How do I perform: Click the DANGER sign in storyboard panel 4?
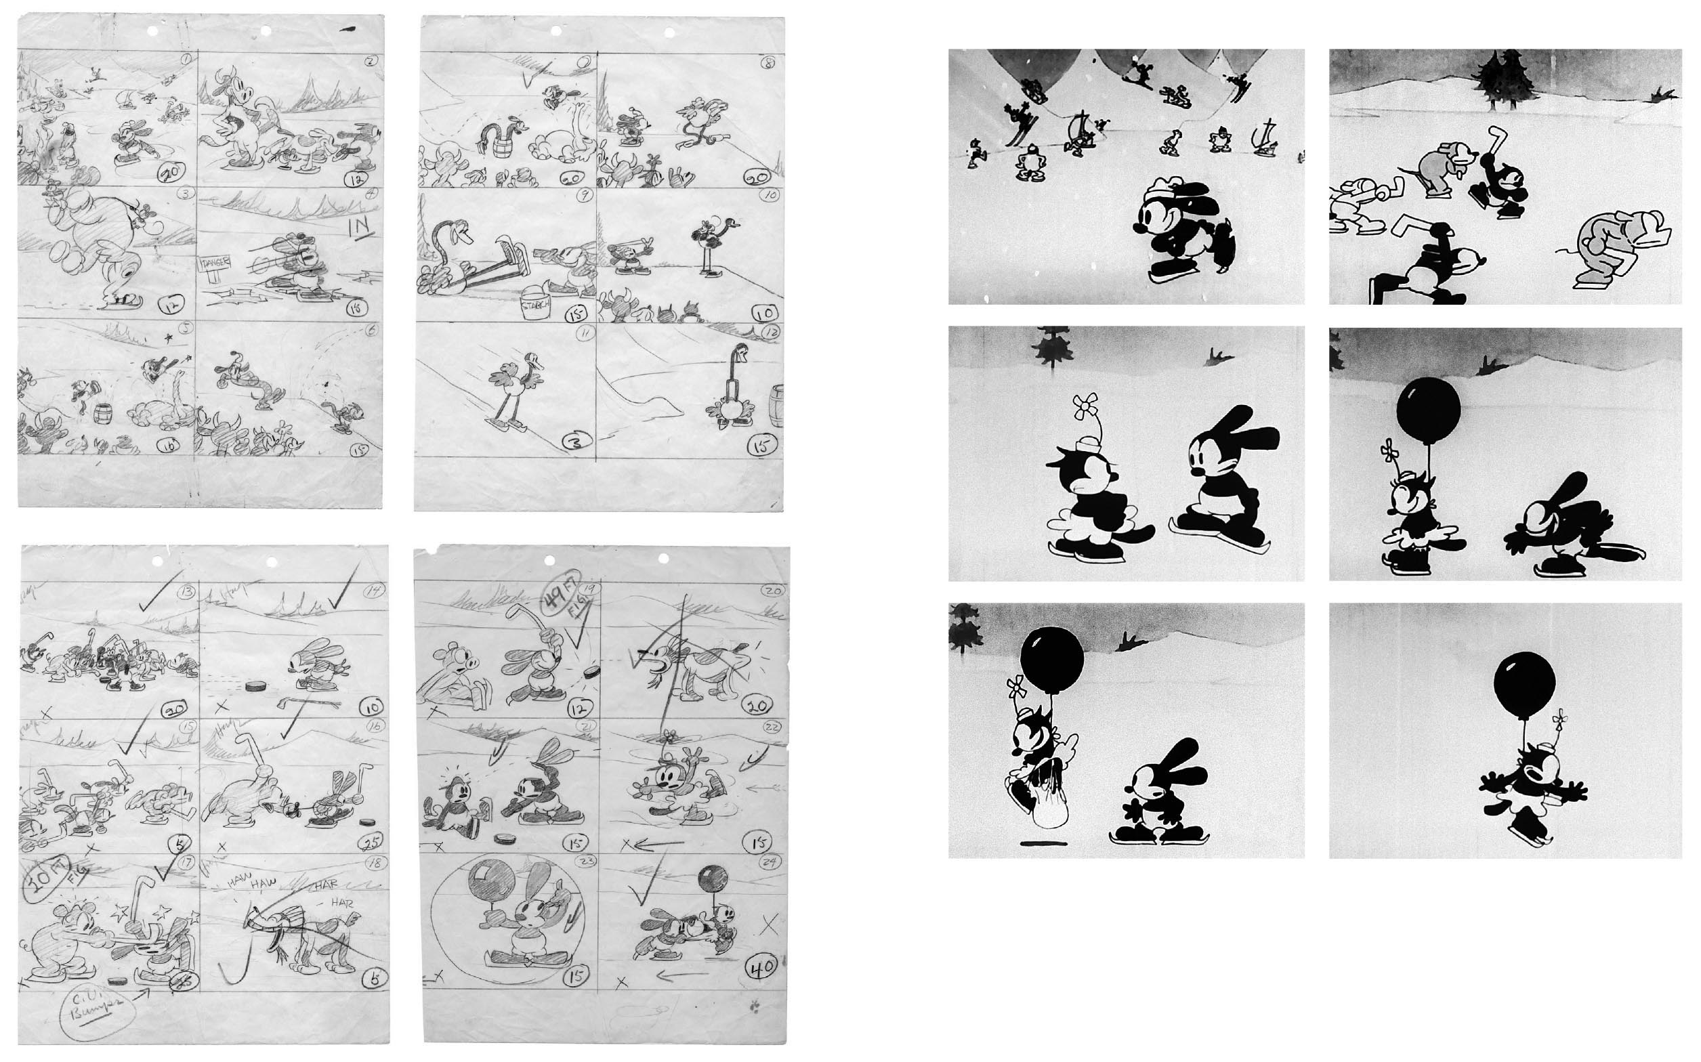[x=215, y=264]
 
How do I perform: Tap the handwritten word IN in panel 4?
[x=362, y=228]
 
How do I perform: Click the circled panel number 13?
[x=186, y=592]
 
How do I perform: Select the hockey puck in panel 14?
[x=253, y=683]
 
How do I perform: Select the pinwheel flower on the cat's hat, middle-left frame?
[x=1085, y=406]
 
